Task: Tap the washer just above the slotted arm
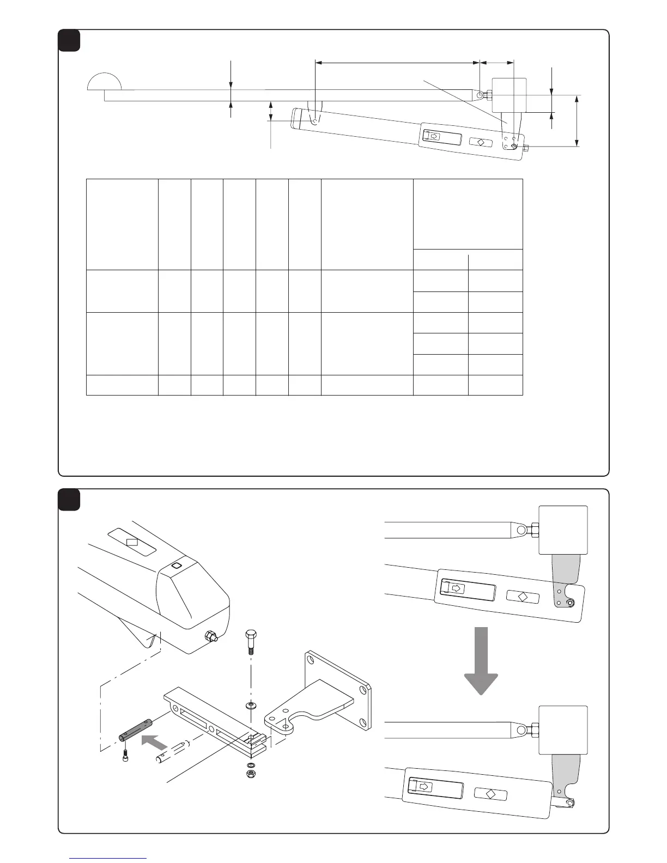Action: [251, 706]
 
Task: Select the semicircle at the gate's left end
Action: [104, 81]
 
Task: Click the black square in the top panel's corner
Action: [69, 40]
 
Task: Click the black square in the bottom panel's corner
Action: [69, 500]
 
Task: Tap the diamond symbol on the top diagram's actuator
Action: [481, 142]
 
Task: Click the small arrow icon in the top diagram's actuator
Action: [434, 136]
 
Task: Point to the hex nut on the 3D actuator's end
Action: [209, 636]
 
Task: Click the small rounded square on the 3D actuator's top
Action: [175, 566]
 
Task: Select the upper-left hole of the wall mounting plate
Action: [310, 658]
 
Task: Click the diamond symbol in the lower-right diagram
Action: [490, 793]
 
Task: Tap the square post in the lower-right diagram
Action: [563, 730]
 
